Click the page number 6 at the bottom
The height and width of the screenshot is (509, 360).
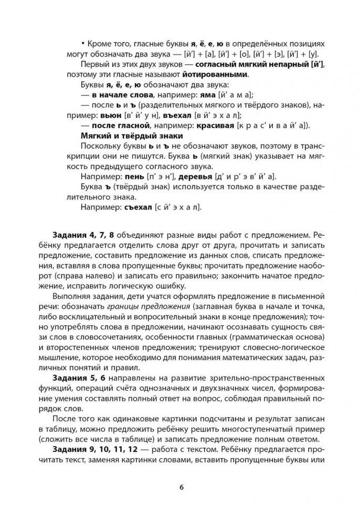pos(181,486)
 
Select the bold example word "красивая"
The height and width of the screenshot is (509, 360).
pos(215,125)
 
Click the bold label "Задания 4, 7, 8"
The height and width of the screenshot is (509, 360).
pos(83,233)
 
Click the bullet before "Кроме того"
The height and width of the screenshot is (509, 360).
pos(83,44)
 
